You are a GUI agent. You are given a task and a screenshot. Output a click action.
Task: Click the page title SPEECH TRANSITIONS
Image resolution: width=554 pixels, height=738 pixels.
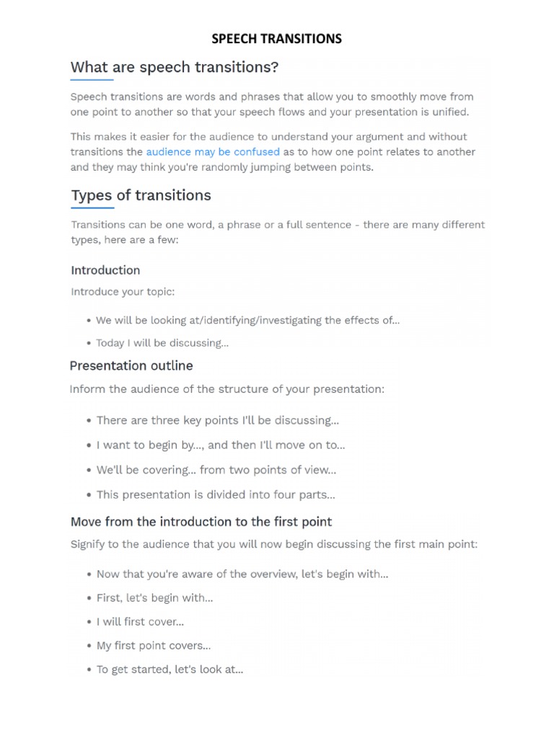[277, 39]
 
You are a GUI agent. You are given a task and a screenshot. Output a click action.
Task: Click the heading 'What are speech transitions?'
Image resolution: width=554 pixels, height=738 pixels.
[174, 68]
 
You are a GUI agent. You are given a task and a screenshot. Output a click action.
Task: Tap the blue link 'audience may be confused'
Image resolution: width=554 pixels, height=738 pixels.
[213, 152]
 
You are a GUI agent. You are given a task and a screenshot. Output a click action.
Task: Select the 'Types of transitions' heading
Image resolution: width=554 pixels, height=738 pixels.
[141, 195]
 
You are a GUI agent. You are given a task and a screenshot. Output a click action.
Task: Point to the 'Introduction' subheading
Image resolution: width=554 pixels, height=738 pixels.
[105, 270]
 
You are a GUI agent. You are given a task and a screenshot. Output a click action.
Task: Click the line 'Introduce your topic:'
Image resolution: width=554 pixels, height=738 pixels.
[123, 292]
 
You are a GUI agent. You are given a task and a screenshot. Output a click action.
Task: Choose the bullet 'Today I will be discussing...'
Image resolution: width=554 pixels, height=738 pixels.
[162, 343]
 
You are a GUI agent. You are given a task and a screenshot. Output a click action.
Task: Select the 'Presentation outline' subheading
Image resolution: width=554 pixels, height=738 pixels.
[131, 365]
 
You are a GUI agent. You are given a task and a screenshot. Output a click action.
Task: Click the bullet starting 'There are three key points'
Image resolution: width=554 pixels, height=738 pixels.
[217, 420]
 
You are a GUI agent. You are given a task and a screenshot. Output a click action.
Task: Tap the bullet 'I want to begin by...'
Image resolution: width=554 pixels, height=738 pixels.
[221, 445]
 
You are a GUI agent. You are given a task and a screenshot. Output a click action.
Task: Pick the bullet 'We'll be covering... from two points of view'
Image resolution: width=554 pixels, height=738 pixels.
[216, 470]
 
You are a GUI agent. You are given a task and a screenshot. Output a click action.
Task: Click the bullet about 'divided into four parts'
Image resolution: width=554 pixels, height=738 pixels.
[216, 494]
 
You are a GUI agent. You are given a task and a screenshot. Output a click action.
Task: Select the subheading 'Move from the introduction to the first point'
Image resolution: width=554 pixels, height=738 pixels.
[201, 521]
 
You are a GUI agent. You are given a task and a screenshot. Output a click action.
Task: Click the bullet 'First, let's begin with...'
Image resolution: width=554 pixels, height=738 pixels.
[154, 597]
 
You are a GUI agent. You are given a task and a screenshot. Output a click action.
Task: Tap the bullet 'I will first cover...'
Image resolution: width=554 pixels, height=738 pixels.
[140, 621]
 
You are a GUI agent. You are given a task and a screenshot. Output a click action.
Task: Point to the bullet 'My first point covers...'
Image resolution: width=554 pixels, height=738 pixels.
[154, 646]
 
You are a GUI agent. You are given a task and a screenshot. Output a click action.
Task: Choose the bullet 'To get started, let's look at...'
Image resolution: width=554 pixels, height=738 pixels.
[170, 670]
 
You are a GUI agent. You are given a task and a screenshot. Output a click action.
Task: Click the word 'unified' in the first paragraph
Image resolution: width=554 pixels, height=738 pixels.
[449, 112]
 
